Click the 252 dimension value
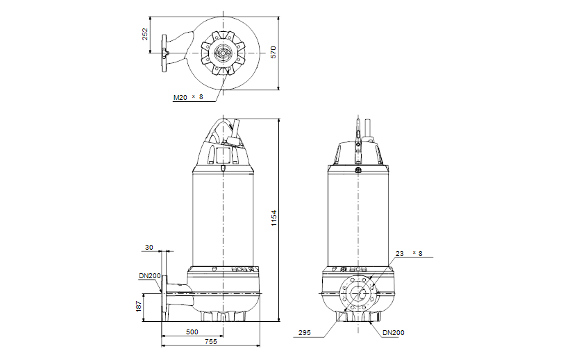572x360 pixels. (x=146, y=34)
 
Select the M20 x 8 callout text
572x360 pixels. (x=188, y=98)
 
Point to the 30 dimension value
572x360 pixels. (x=149, y=247)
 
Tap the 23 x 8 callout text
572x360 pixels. (x=408, y=253)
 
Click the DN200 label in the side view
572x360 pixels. (x=149, y=276)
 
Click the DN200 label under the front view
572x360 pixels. (x=393, y=332)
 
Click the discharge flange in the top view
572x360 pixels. (x=165, y=53)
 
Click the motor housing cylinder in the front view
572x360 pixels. (x=358, y=215)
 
